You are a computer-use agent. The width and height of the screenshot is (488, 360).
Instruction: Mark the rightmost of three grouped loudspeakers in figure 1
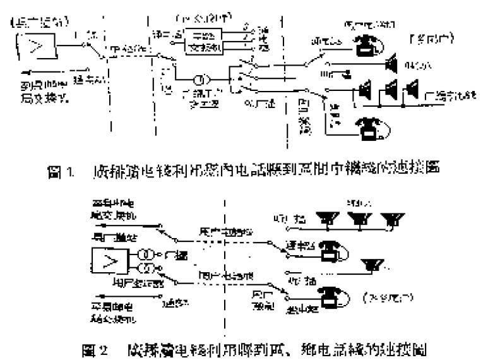[x=412, y=89]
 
